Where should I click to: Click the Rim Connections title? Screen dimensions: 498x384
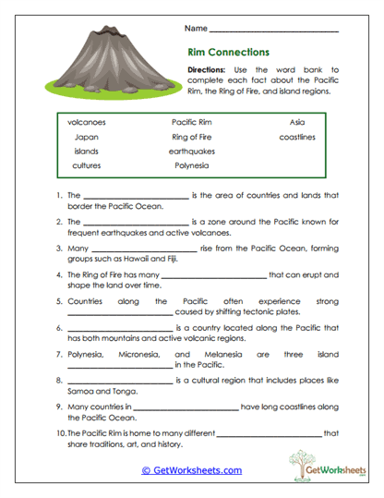pos(228,53)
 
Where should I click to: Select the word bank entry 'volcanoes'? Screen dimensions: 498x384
pos(87,121)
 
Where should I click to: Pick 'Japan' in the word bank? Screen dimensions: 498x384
pos(87,136)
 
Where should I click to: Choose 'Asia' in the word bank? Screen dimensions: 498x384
pos(296,121)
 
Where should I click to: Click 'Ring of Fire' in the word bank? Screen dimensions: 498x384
pos(191,136)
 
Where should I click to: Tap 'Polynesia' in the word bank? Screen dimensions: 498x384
pos(191,165)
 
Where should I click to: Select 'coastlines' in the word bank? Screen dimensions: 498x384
pos(296,136)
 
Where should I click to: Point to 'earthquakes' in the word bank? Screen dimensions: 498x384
pos(191,151)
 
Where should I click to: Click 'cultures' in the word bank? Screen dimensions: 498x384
pos(87,165)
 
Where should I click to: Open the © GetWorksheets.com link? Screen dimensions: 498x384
pos(191,470)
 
